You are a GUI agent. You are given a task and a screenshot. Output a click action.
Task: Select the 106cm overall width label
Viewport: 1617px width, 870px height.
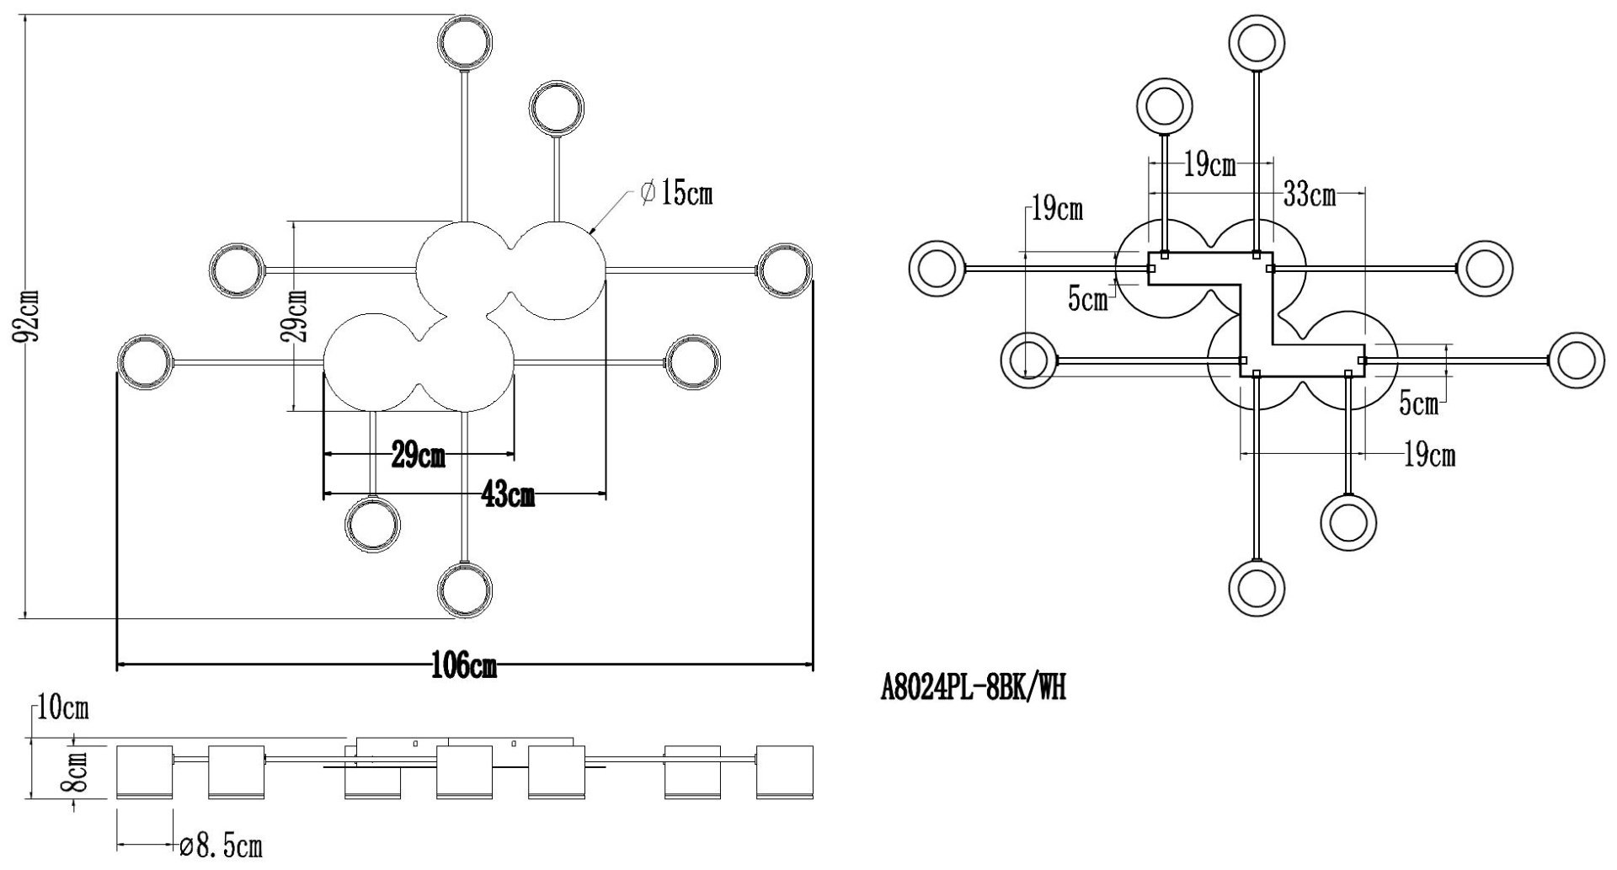464,667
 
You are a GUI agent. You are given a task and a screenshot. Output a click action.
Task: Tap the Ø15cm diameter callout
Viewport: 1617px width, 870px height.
676,194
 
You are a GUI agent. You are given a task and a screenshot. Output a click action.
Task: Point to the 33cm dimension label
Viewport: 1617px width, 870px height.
1309,195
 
